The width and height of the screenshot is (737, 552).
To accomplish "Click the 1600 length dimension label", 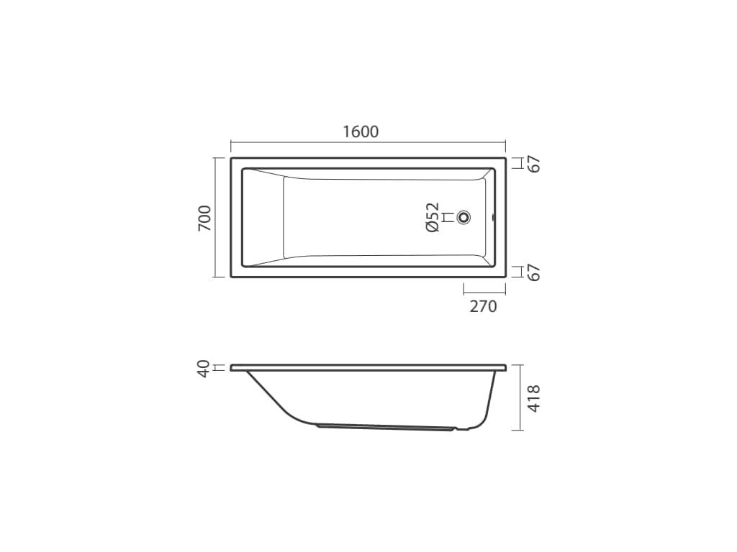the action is (x=361, y=132).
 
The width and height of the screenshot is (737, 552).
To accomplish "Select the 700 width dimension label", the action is (x=204, y=218).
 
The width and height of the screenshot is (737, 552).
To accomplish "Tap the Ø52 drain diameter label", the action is (x=432, y=217).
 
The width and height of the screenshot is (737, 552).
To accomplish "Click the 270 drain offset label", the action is (x=483, y=306).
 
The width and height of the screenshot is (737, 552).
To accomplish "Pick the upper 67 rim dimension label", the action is (x=535, y=165).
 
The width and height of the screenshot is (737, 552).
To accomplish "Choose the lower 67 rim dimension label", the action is (x=535, y=272).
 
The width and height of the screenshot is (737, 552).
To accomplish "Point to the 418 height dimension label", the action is (x=534, y=399).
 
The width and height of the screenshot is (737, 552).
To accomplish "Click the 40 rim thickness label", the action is (x=204, y=369).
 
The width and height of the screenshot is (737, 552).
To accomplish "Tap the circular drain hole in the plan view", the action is (x=464, y=217).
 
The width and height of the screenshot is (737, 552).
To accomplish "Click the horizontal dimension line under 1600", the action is (x=368, y=142).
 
